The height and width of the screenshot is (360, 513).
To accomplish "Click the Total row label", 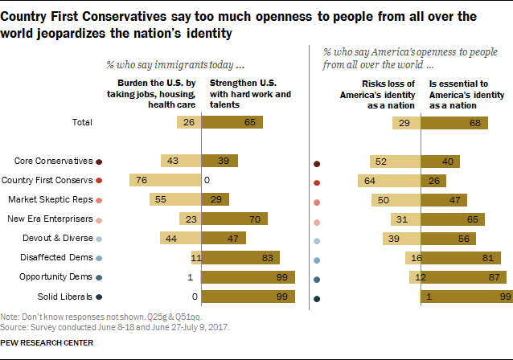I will coord(81,122).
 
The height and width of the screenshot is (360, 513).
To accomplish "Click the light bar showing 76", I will coord(164,180).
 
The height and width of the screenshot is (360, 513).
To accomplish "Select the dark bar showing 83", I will coord(240,258).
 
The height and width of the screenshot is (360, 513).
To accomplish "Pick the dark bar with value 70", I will coord(234,219).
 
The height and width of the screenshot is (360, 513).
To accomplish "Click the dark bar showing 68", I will coord(454,122).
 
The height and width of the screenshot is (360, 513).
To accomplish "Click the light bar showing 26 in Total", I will coord(189,122).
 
